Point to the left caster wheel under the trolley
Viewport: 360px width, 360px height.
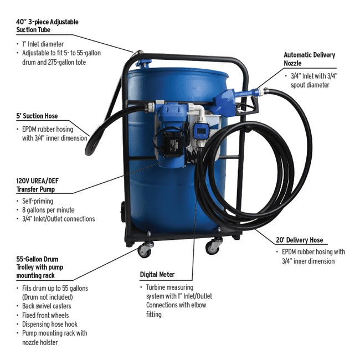point(146,249)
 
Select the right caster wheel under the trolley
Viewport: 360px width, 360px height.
point(213,246)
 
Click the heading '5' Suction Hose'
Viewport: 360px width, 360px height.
point(37,116)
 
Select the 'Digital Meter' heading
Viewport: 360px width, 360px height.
point(157,274)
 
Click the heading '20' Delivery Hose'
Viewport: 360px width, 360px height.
point(299,240)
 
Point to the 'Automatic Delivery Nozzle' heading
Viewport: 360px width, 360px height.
point(309,59)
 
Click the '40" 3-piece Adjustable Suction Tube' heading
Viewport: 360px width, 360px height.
point(47,25)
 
